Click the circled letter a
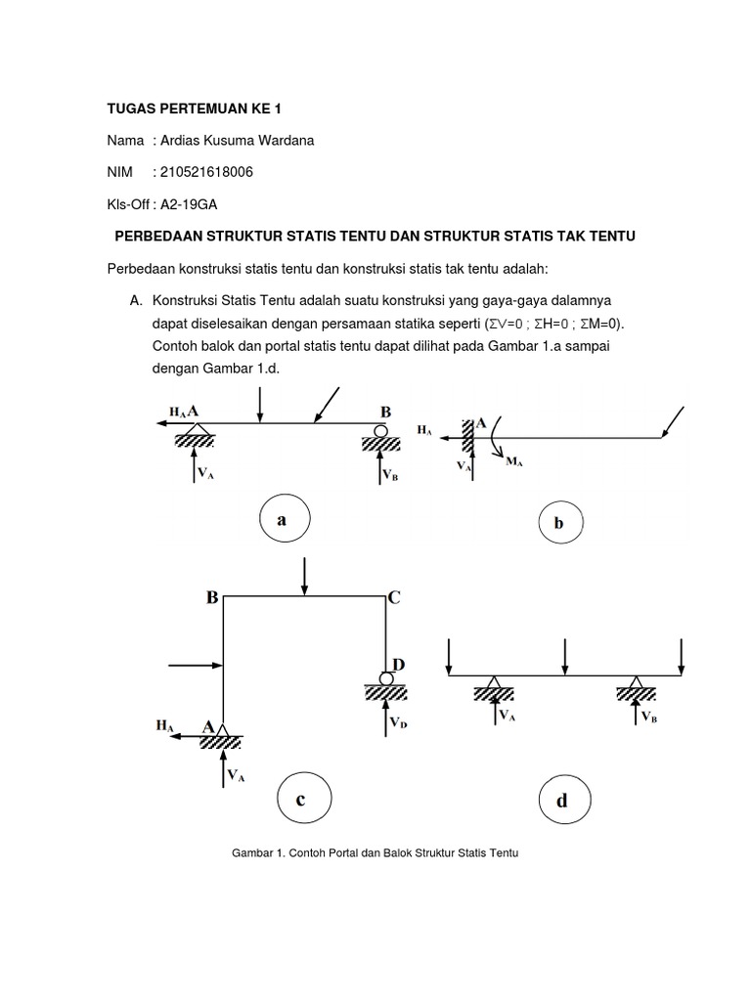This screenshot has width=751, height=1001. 283,520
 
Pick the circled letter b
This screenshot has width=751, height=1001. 558,524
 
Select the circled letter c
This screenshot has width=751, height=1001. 301,800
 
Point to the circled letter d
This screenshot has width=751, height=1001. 561,802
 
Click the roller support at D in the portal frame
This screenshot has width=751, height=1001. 387,677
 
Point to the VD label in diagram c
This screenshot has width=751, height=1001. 399,723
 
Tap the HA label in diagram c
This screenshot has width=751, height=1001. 164,726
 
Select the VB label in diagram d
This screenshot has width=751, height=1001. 649,717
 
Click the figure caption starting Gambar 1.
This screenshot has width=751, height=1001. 375,853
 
